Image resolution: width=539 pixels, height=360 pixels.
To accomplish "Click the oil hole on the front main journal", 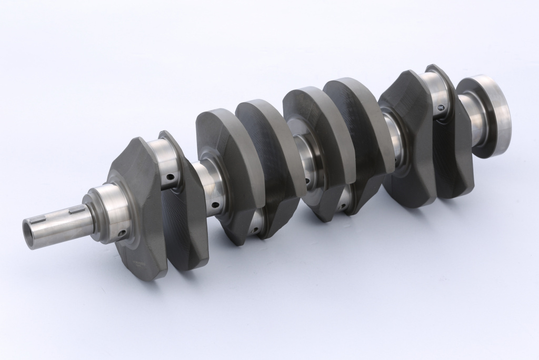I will [x=122, y=232].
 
